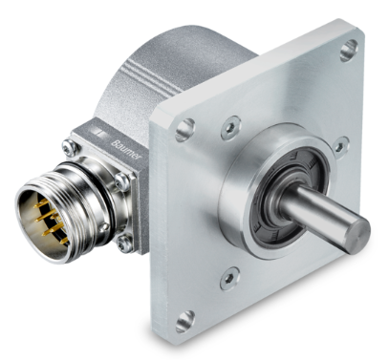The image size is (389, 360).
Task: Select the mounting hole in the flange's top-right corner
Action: [x=349, y=51]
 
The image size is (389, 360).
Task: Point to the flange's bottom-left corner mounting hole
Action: [x=185, y=322]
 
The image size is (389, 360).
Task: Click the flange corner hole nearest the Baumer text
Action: [x=185, y=130]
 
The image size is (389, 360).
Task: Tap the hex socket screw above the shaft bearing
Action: [x=231, y=127]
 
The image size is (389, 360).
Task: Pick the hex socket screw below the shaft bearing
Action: [x=229, y=279]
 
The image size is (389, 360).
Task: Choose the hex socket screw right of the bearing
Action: [x=340, y=147]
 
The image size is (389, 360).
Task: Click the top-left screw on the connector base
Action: [x=71, y=148]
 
